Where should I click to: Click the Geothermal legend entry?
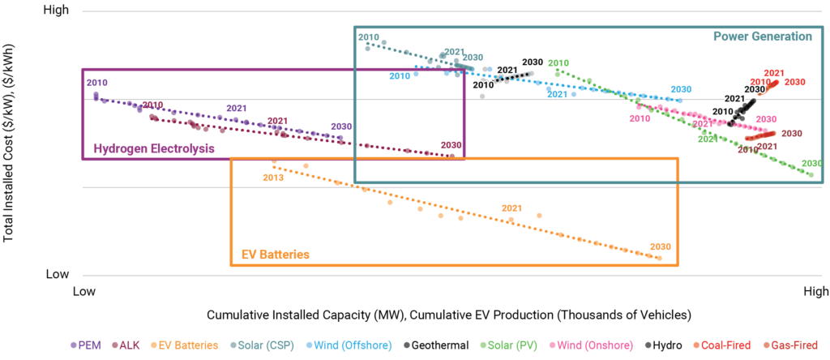tap(443, 345)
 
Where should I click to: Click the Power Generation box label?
tap(762, 36)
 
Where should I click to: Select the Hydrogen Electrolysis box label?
tap(153, 148)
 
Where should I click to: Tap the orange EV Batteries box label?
tap(276, 255)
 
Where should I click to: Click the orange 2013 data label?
tap(273, 177)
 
